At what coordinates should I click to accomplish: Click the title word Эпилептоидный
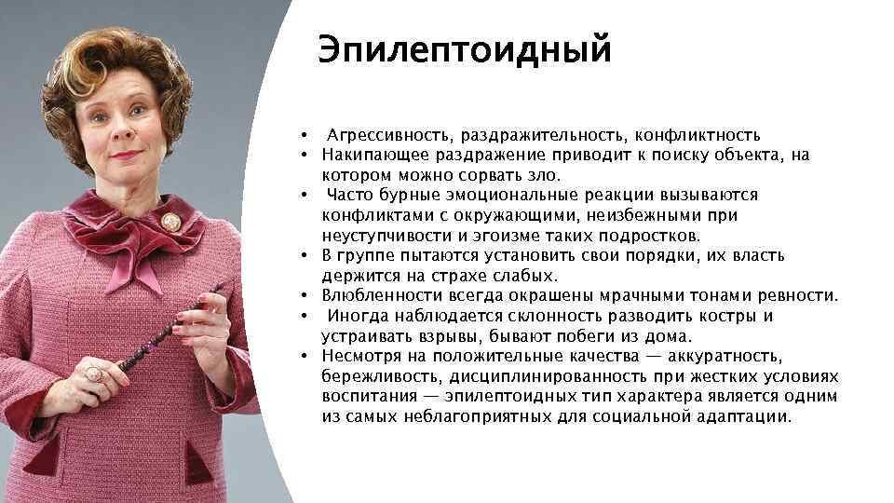tap(464, 50)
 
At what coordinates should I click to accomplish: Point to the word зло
tap(545, 175)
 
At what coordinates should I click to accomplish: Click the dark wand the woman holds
tap(158, 335)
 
